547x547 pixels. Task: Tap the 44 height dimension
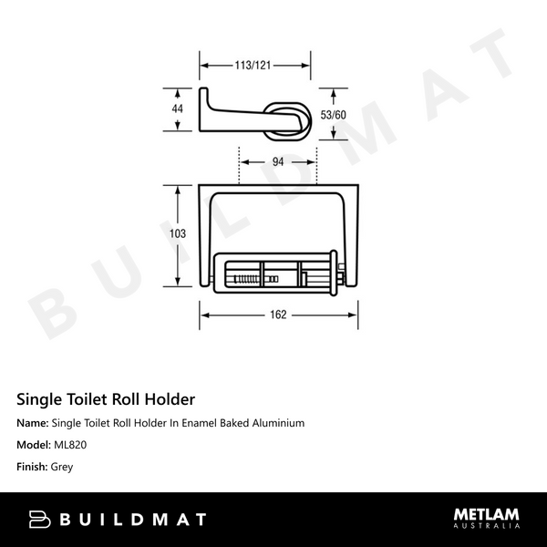[177, 109]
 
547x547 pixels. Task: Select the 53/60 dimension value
[334, 114]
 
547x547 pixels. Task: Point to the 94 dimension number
[278, 161]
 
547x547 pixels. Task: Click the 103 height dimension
[178, 233]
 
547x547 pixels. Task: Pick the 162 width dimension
[278, 315]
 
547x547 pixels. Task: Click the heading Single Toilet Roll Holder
[106, 398]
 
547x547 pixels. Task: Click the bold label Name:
[33, 424]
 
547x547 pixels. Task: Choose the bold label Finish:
[33, 467]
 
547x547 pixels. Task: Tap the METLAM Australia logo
[487, 518]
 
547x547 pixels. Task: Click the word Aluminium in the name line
[275, 424]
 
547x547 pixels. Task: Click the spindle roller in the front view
[278, 273]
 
